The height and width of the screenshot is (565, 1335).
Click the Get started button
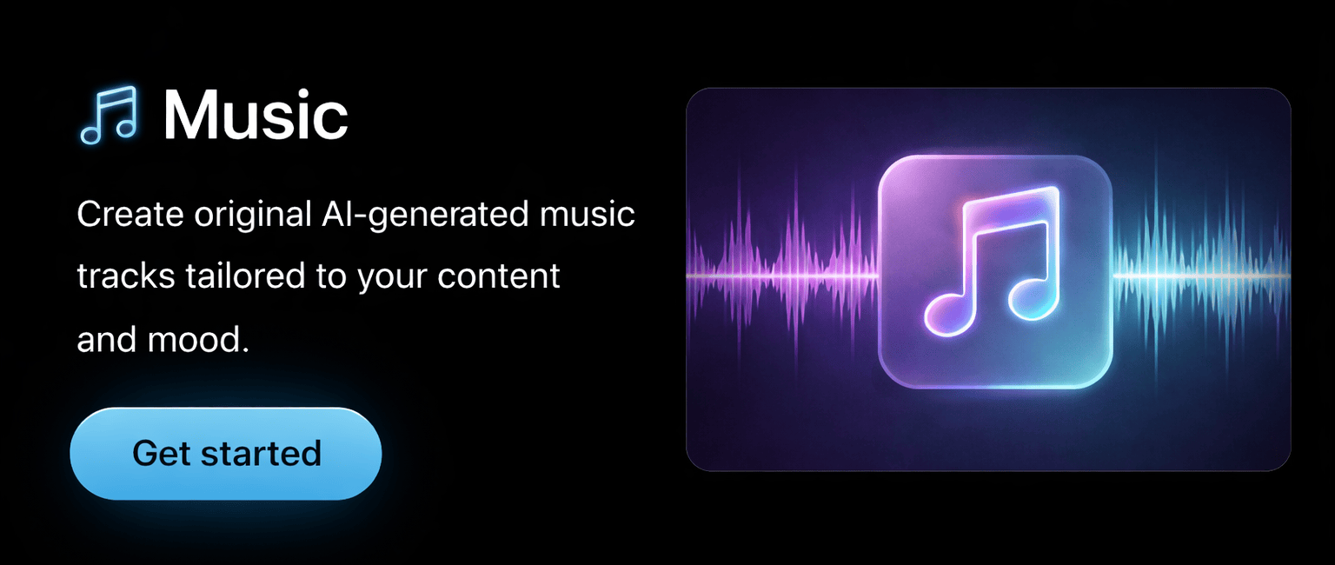(x=226, y=454)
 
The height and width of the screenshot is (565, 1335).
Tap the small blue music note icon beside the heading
(x=109, y=115)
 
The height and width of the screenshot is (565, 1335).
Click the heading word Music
(x=256, y=115)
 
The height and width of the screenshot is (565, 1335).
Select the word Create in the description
(x=130, y=213)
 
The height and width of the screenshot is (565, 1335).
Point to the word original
(x=253, y=213)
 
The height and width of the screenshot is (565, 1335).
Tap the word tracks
(x=126, y=276)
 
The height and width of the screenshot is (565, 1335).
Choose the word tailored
(x=245, y=276)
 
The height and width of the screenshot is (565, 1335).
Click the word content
(x=498, y=276)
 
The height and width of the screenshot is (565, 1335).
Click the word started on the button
(x=261, y=454)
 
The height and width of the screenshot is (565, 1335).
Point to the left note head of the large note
(x=950, y=313)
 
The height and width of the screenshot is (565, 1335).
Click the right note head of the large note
(x=1033, y=296)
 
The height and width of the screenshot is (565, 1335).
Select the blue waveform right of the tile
(x=1201, y=276)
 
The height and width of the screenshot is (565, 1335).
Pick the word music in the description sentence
(x=588, y=213)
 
